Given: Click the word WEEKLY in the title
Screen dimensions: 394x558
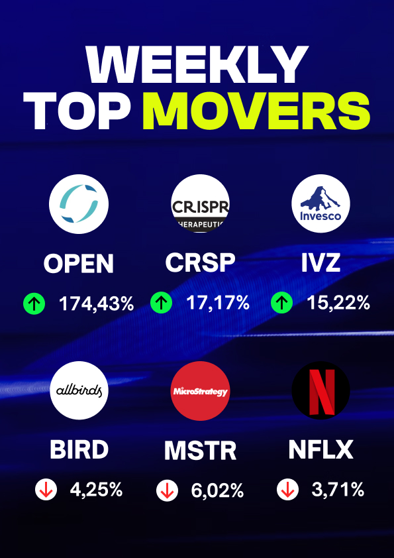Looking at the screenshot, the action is coord(197,64).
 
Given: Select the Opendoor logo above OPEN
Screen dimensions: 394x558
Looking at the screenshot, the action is coord(79,204).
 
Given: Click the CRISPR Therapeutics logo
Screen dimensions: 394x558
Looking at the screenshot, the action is coord(200,204).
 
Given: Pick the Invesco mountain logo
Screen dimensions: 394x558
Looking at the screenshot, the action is coord(320,204).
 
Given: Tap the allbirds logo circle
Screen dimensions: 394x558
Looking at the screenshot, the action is coord(79,391).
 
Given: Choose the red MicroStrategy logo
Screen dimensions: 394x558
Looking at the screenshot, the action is coord(200,391).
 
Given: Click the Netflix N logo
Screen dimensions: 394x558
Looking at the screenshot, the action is coord(320,391).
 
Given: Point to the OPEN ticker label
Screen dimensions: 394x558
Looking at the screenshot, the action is coord(79,264).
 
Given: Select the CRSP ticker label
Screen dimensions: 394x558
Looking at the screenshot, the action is coord(200,263).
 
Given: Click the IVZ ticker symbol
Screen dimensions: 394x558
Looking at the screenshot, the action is coord(320,263).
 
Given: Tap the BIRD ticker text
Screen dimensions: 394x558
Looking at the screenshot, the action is coord(79,450).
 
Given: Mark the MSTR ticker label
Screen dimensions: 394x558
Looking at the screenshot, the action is coord(200,451).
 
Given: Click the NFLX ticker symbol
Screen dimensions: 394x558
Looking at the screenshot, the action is coord(320,450).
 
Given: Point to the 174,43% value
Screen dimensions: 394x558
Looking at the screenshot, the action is coord(97,304).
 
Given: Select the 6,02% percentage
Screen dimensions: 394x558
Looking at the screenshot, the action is coord(217,491).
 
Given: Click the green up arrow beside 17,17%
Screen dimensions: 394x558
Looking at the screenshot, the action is coord(161,304).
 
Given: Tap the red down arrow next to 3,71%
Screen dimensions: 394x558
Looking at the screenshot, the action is coord(287,490).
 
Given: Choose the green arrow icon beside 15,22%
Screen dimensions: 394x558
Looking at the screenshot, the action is coord(281,304).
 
